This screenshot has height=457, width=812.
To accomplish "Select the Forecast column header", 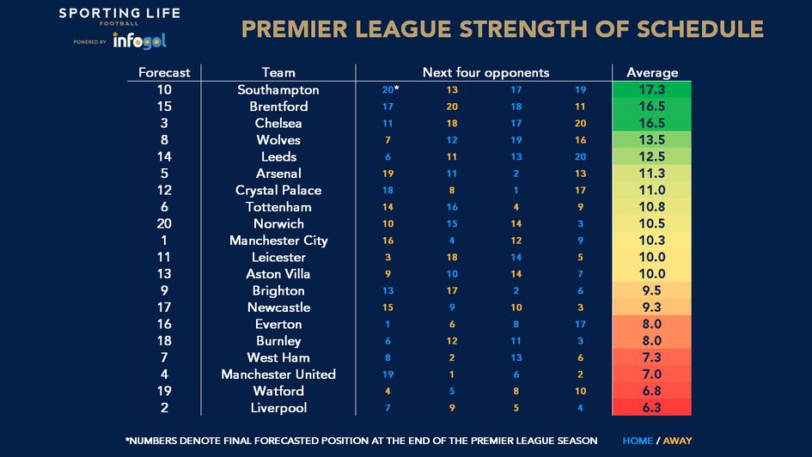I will [x=164, y=73].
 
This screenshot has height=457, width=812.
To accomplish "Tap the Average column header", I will [x=652, y=73].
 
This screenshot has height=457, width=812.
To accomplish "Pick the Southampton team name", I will [x=278, y=90].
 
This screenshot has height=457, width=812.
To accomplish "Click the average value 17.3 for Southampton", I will [x=652, y=90].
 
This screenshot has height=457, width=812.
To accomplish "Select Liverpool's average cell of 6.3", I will [x=652, y=408].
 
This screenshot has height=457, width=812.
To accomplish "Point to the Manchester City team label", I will [x=278, y=241].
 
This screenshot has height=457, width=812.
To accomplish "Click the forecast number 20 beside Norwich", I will [x=164, y=224].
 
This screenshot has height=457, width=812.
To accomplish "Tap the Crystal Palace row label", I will [x=278, y=191].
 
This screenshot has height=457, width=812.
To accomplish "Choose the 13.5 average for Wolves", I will [x=652, y=140].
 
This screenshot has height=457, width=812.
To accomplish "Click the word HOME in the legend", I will [x=638, y=441].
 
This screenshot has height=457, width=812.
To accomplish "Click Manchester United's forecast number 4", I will [x=164, y=375].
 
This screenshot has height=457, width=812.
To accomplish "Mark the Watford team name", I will [x=278, y=391].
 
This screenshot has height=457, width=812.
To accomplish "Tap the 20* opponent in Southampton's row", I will [x=392, y=90].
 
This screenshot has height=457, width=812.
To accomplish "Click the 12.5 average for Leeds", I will [x=652, y=157].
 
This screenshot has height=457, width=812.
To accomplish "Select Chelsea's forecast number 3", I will [x=164, y=124].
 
